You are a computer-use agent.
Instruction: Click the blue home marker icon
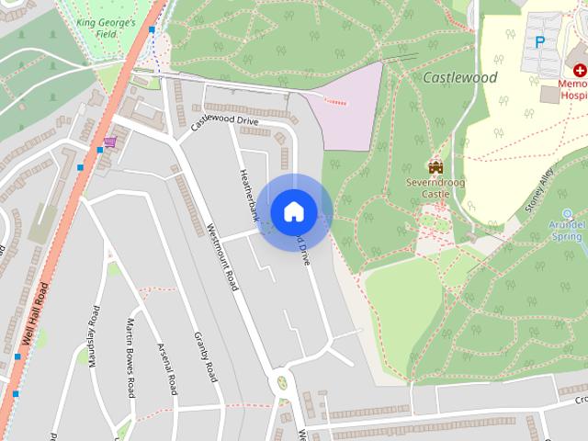pyautogui.click(x=293, y=211)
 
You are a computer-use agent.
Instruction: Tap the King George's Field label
pyautogui.click(x=107, y=27)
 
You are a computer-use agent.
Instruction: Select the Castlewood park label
pyautogui.click(x=460, y=78)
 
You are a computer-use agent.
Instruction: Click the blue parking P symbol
pyautogui.click(x=540, y=41)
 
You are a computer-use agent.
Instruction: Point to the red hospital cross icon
pyautogui.click(x=580, y=71)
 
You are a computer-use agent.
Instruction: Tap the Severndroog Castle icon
pyautogui.click(x=435, y=166)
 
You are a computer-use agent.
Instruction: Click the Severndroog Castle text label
pyautogui.click(x=435, y=188)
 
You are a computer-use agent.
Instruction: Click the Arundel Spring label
pyautogui.click(x=567, y=230)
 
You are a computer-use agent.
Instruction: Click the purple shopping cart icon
pyautogui.click(x=111, y=142)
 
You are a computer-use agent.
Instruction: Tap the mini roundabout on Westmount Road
pyautogui.click(x=281, y=380)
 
